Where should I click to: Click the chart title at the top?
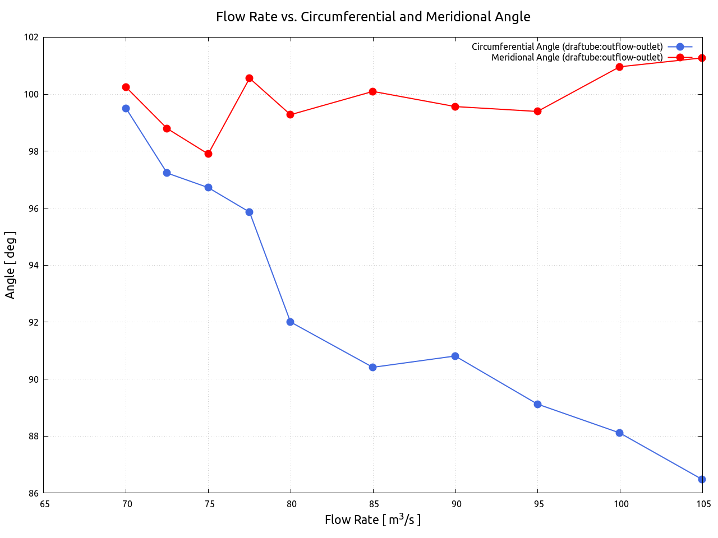(x=373, y=17)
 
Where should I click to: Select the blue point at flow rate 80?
(x=290, y=322)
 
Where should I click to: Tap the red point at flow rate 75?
(x=208, y=154)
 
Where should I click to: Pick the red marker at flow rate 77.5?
(x=249, y=78)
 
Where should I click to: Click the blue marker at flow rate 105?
(x=702, y=479)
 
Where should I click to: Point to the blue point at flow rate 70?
(x=126, y=108)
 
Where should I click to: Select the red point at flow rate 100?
(x=619, y=67)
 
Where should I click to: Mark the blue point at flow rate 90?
(x=455, y=356)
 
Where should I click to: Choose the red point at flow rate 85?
(x=372, y=91)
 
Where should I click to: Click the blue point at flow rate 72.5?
(x=167, y=173)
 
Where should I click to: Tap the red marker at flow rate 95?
(x=537, y=111)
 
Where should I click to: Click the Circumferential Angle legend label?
(x=567, y=47)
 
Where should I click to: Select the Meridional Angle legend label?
(x=577, y=57)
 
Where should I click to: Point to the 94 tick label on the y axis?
(x=32, y=265)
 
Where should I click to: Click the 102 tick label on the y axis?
(x=31, y=37)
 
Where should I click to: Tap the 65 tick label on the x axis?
(x=44, y=504)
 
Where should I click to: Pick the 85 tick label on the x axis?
(x=374, y=504)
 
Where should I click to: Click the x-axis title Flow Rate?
(x=372, y=520)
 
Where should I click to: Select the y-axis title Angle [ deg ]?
(x=10, y=265)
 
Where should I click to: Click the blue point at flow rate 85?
(x=372, y=367)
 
